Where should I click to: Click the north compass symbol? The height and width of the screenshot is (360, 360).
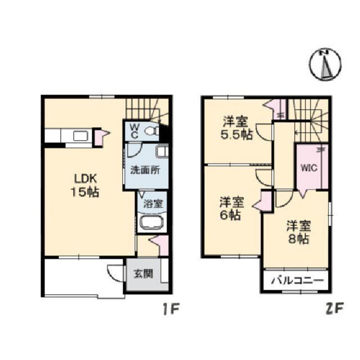[x=325, y=65]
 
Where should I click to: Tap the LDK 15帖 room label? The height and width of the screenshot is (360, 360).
[x=85, y=185]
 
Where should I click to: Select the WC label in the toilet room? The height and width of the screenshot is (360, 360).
[x=134, y=131]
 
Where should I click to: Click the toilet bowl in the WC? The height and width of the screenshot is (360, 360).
[x=151, y=131]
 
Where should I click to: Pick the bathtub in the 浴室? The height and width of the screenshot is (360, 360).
[x=152, y=223]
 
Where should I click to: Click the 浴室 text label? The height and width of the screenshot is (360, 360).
[x=153, y=204]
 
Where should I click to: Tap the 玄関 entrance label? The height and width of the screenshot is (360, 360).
[x=143, y=274]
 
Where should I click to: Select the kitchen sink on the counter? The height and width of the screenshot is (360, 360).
[x=80, y=136]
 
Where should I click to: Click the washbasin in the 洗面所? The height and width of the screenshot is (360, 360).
[x=162, y=151]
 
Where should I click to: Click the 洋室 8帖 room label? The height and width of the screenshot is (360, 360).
[x=299, y=232]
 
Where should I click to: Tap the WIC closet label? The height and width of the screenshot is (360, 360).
[x=309, y=168]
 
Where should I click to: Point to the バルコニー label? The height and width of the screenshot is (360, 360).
[x=298, y=280]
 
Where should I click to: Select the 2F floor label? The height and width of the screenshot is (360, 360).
[x=334, y=308]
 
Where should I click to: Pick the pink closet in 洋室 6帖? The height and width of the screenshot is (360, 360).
[x=265, y=201]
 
